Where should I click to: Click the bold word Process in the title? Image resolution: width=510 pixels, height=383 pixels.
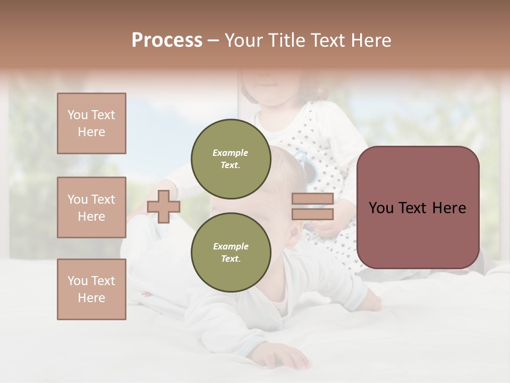tap(167, 40)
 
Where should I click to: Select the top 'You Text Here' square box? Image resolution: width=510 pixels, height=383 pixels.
tap(91, 123)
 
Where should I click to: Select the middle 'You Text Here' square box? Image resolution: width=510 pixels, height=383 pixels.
tap(91, 207)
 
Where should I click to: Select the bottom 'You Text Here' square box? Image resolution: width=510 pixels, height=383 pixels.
tap(91, 289)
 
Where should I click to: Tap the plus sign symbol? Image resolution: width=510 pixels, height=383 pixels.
tap(163, 206)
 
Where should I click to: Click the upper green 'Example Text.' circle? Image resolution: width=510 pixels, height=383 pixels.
tap(231, 159)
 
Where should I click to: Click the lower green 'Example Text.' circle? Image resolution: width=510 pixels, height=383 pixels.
tap(231, 252)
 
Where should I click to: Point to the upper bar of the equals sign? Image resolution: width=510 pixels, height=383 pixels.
tap(312, 199)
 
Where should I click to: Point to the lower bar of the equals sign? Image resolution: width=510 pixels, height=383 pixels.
tap(312, 214)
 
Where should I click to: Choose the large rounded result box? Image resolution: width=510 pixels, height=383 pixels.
tap(418, 207)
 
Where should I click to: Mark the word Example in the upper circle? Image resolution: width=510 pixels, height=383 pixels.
tap(231, 153)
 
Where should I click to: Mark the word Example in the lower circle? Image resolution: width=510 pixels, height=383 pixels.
tap(231, 246)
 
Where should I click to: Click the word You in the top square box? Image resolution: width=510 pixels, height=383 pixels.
tap(78, 115)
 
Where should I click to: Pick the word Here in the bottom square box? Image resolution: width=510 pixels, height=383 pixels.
tap(91, 298)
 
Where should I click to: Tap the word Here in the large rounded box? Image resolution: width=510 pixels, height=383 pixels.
tap(449, 208)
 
